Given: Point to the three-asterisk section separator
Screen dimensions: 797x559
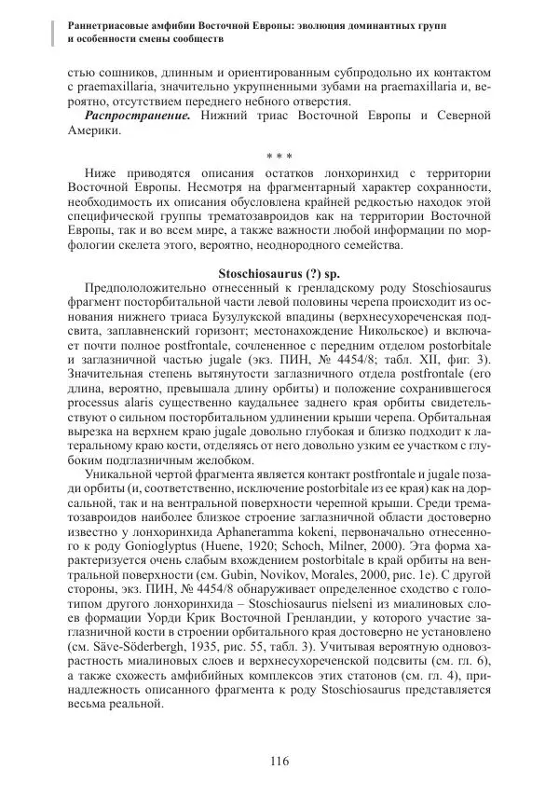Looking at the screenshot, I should pyautogui.click(x=279, y=155).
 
